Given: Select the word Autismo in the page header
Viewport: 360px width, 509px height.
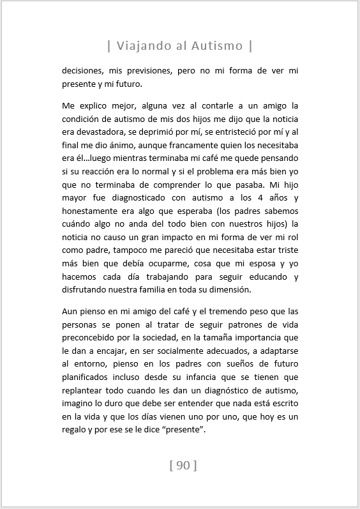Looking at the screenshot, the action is coord(217,46).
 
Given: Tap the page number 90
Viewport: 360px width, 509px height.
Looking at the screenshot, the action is coord(183,466).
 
